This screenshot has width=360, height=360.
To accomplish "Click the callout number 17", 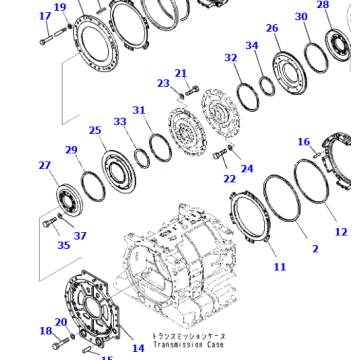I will [x=43, y=16].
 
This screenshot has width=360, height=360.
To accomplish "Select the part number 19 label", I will [x=60, y=8].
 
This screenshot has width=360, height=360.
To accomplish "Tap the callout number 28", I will [x=322, y=5].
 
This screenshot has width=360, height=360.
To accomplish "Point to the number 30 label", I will [x=301, y=17].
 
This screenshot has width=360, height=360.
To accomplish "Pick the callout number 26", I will [x=272, y=28].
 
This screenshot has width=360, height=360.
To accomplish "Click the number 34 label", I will [x=252, y=46].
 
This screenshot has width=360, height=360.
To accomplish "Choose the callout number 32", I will [x=231, y=59].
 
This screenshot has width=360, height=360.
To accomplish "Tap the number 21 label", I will [x=181, y=73].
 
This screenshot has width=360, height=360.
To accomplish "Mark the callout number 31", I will [x=139, y=110].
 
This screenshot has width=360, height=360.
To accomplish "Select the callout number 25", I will [x=95, y=130].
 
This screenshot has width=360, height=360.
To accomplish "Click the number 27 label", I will [x=44, y=166].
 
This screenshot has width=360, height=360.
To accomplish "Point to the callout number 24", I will [x=247, y=169].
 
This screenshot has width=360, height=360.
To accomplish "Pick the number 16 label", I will [x=305, y=143].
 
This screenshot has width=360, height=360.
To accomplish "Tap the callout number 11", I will [x=279, y=267].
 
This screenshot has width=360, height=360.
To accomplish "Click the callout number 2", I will [x=315, y=248].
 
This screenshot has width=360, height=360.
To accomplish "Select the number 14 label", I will [x=138, y=348].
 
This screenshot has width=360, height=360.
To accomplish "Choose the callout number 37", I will [x=81, y=236].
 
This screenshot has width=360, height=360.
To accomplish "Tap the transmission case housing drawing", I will [x=180, y=275].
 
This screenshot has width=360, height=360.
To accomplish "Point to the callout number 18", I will [x=45, y=331].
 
